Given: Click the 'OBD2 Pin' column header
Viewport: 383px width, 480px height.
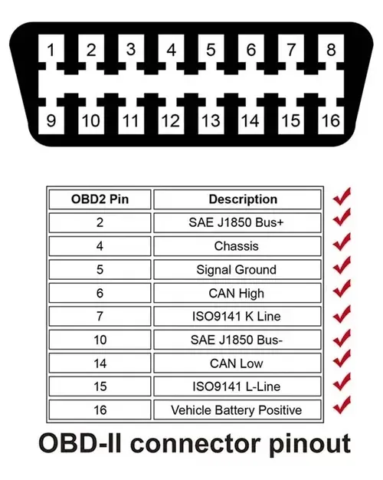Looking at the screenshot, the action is [100, 199].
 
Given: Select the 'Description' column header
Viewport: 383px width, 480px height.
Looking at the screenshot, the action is [237, 199].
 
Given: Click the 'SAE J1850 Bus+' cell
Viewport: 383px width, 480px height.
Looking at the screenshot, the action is [237, 222].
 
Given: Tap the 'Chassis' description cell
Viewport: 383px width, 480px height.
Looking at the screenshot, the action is [237, 246].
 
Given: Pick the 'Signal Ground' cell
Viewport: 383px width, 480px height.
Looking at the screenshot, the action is [237, 270].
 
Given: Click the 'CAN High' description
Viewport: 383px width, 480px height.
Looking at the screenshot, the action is [237, 293].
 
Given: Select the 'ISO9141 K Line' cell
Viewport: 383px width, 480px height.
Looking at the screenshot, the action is [237, 316].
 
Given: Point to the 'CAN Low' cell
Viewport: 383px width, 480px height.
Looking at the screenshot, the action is [237, 363].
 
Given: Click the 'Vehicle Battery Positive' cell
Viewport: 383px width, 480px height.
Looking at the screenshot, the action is [237, 410].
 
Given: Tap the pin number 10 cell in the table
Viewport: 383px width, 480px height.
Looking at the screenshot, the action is [100, 340].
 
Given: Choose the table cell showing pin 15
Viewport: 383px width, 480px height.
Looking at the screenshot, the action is [100, 386].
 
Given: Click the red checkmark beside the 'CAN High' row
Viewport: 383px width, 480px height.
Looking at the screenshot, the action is [342, 288].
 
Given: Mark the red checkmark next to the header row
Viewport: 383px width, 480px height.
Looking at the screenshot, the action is [342, 196].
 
